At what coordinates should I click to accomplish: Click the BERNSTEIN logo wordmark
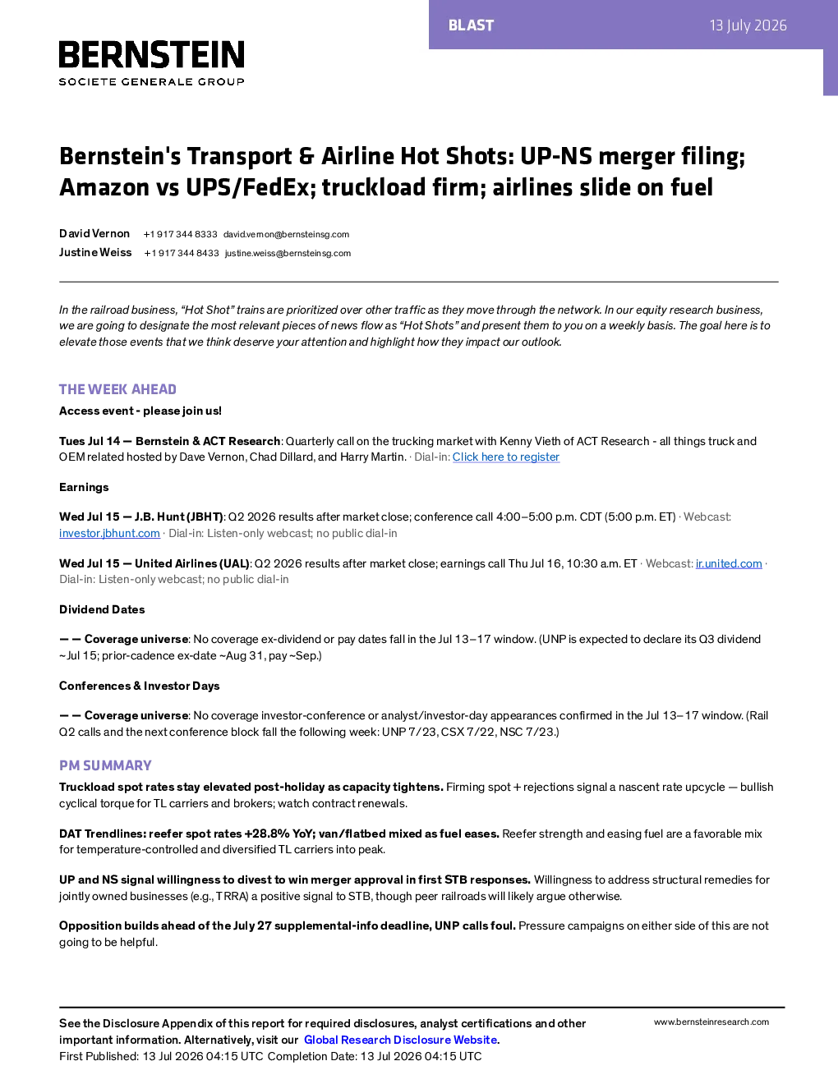coord(151,54)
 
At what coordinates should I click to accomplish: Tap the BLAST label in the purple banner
coord(471,25)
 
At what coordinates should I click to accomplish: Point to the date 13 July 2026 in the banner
coord(748,25)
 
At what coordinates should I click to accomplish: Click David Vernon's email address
coord(286,235)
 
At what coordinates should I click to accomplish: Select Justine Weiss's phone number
coord(182,253)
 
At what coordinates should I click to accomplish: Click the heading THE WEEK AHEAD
coord(117,389)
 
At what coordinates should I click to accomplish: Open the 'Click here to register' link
coord(506,457)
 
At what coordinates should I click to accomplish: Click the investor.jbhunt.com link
coord(109,533)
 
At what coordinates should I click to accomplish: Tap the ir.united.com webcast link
coord(729,563)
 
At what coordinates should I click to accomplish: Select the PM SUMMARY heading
coord(105,765)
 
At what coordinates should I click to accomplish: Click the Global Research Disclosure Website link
coord(400,1040)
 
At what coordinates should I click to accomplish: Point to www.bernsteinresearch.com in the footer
coord(711,1022)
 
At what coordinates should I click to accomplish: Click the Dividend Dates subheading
coord(102,609)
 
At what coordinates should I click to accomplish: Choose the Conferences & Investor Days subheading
coord(139,686)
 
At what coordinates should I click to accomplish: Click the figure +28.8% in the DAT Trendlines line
coord(267,834)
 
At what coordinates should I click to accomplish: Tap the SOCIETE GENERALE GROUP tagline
coord(151,82)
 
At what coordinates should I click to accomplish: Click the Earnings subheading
coord(84,487)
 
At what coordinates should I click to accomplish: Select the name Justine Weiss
coord(95,252)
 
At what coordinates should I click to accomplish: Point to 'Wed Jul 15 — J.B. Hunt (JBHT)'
coord(141,517)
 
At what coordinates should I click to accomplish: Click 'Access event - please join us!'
coord(140,411)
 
